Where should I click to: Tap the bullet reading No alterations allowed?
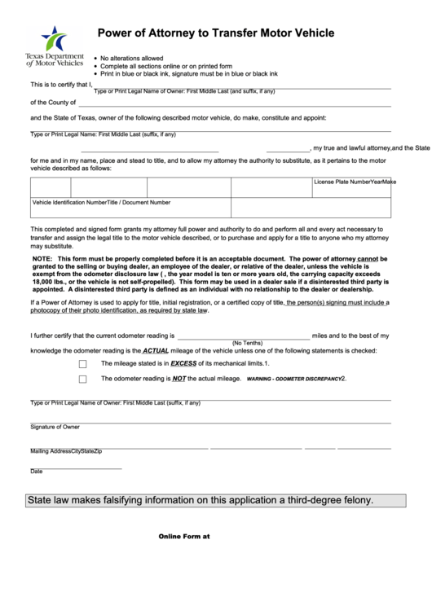tap(131, 59)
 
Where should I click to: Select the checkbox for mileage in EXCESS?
tap(83, 364)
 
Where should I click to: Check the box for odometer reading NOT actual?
tap(83, 379)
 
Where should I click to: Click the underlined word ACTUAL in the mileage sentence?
tap(156, 350)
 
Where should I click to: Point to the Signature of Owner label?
tap(55, 426)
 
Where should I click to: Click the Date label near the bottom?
tap(37, 472)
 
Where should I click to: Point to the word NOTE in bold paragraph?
tap(42, 258)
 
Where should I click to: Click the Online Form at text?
tap(183, 536)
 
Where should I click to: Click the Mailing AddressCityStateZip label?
tap(66, 450)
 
